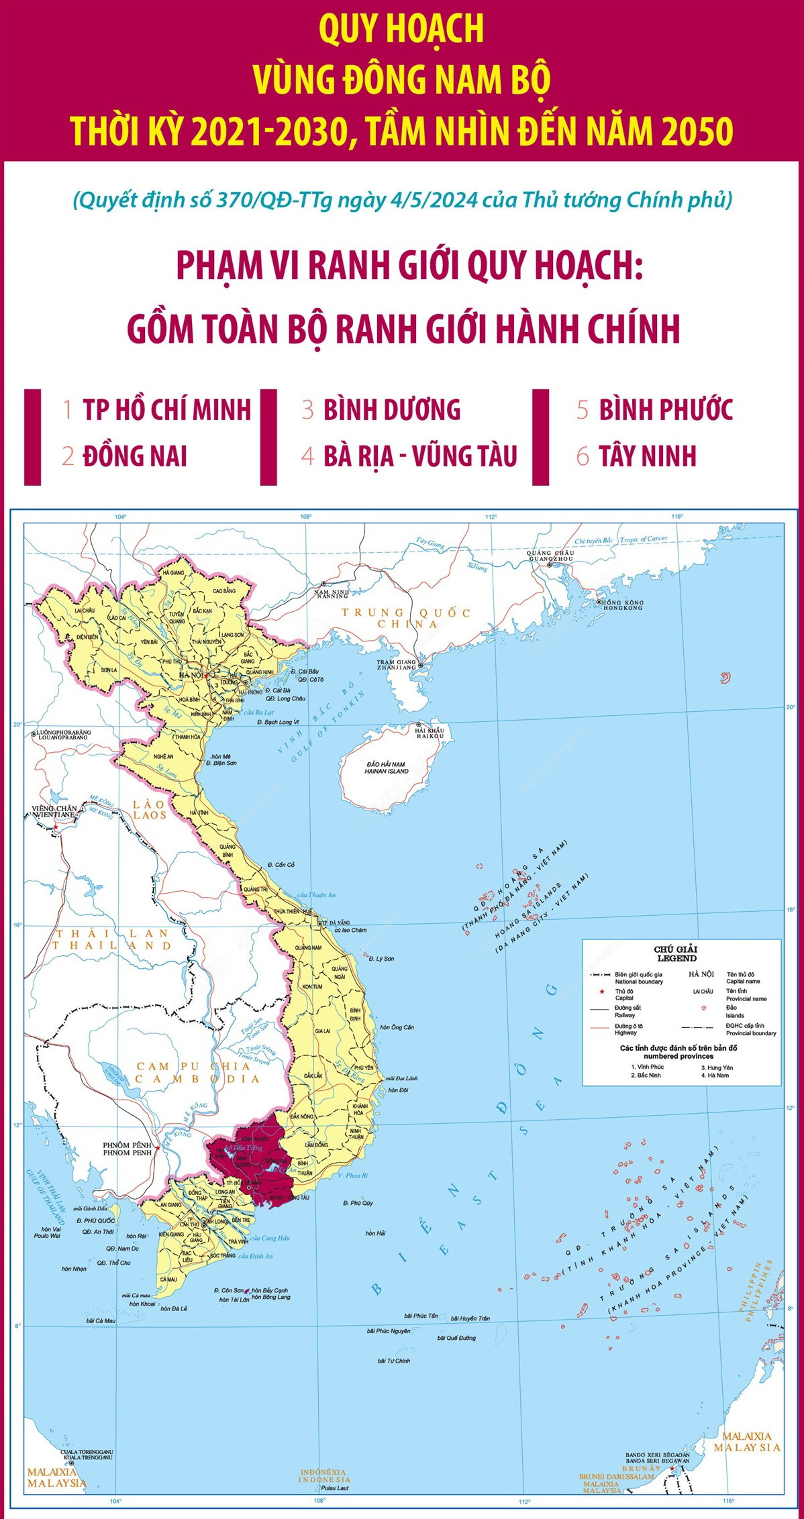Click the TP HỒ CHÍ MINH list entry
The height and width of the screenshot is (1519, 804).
point(166,410)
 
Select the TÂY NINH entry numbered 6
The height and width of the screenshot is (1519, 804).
point(648,456)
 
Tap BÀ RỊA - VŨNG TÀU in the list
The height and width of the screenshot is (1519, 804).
point(420,456)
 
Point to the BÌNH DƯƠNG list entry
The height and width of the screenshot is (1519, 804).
point(392,410)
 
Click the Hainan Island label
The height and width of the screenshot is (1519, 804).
point(387,768)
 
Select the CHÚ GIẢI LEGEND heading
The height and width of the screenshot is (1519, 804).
point(676,953)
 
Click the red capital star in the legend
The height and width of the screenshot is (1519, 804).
point(593,991)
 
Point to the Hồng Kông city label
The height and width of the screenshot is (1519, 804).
point(622,605)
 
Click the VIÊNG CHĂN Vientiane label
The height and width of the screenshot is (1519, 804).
point(54,811)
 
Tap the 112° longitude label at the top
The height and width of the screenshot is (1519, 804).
point(491,517)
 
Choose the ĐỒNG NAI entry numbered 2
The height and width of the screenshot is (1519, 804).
point(134,456)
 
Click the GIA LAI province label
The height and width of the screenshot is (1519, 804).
point(322,1031)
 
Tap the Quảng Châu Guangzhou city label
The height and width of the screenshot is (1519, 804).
point(550,555)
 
